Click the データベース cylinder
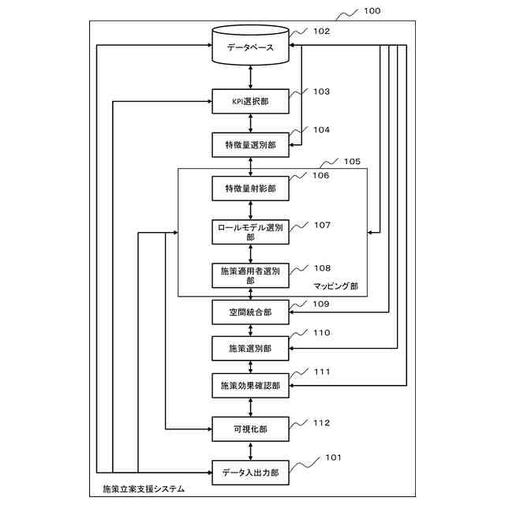[251, 46]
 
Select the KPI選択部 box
[251, 102]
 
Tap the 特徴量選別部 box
[251, 145]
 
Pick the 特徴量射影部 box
[251, 189]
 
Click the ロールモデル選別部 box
[251, 232]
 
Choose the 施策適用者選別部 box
[251, 275]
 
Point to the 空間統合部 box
[251, 312]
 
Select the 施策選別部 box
[251, 349]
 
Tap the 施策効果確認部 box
[251, 386]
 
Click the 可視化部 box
[251, 429]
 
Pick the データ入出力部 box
[251, 473]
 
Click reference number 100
[372, 11]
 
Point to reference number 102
[322, 32]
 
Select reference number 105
[352, 161]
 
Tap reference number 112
[322, 423]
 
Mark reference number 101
[333, 458]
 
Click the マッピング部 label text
[336, 286]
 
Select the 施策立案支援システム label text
[144, 489]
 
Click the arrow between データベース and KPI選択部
[251, 77]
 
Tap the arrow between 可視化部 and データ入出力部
[251, 451]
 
